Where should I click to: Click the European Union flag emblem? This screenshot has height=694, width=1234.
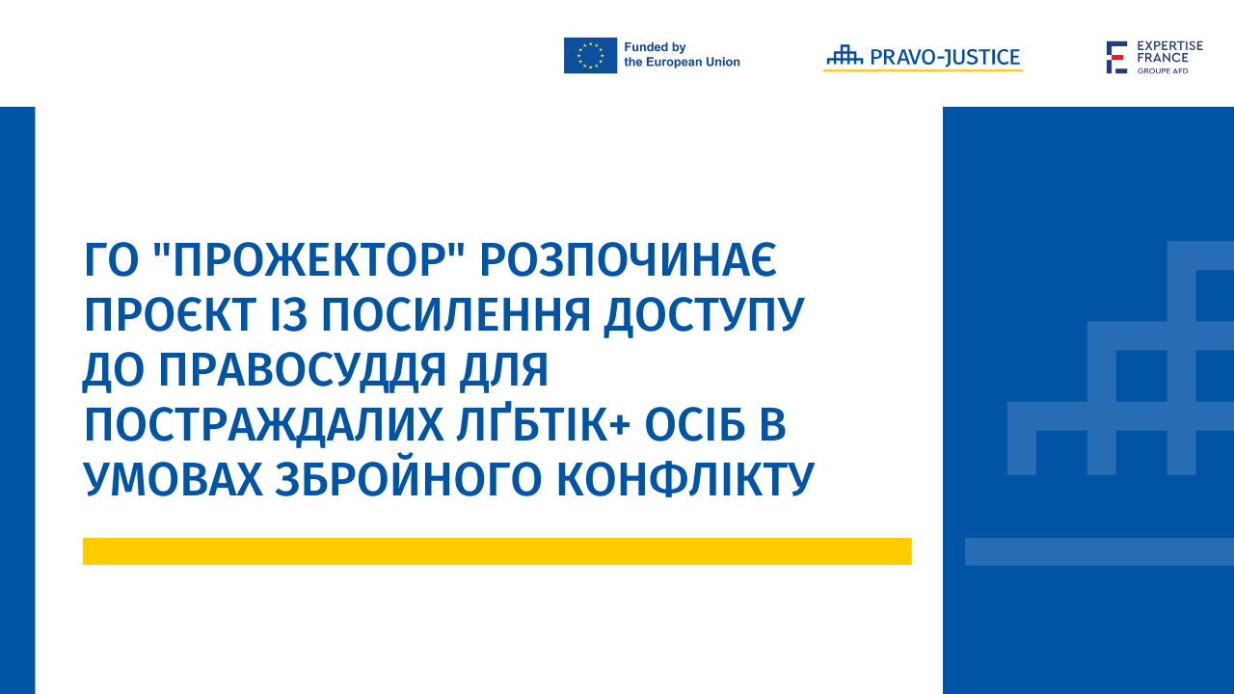pyautogui.click(x=590, y=55)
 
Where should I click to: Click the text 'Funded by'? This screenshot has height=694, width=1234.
pyautogui.click(x=655, y=47)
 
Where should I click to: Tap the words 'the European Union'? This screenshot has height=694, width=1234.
pyautogui.click(x=682, y=63)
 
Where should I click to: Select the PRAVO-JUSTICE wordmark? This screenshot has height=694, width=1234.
pyautogui.click(x=945, y=57)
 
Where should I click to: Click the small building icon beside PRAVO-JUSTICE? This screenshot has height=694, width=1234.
pyautogui.click(x=845, y=54)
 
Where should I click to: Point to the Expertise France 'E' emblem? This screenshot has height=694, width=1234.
pyautogui.click(x=1116, y=57)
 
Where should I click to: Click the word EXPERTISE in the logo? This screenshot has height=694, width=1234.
pyautogui.click(x=1170, y=45)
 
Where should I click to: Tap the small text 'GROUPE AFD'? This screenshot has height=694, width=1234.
pyautogui.click(x=1163, y=71)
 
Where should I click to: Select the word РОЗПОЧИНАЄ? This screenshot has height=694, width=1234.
pyautogui.click(x=628, y=259)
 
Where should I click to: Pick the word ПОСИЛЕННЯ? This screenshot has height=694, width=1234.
pyautogui.click(x=456, y=314)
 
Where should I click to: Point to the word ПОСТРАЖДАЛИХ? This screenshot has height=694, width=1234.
pyautogui.click(x=264, y=426)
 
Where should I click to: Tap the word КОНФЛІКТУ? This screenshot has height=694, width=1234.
pyautogui.click(x=685, y=480)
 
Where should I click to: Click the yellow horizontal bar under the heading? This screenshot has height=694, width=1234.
pyautogui.click(x=496, y=551)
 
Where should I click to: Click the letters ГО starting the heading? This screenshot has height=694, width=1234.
pyautogui.click(x=111, y=259)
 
